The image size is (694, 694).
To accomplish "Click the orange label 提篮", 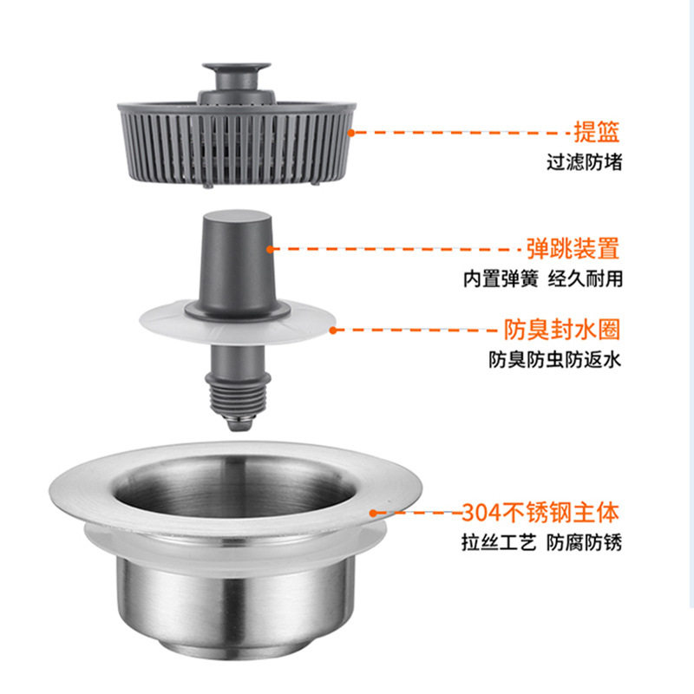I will [597, 132].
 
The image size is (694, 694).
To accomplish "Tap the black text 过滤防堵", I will [584, 162].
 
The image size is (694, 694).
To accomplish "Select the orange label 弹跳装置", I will [573, 249].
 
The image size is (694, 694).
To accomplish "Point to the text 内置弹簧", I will [500, 279].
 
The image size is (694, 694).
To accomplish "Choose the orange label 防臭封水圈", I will [562, 330].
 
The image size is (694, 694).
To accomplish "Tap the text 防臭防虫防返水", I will [554, 360].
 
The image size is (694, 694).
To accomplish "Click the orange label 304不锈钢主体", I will [541, 511].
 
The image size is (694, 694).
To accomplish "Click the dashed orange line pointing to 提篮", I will [460, 133].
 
